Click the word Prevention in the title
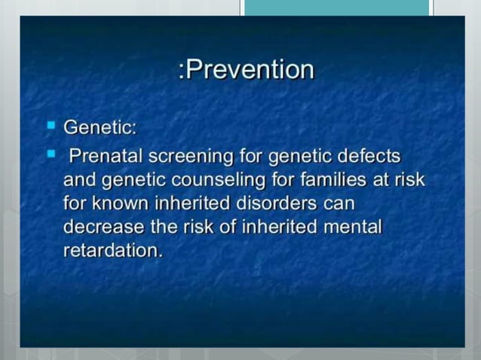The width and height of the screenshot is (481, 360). click(x=250, y=70)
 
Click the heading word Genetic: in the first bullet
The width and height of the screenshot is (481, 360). click(x=100, y=127)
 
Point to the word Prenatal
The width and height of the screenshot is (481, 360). click(x=106, y=157)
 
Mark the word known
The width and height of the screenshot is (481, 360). click(x=124, y=204)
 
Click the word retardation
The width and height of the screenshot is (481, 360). click(x=112, y=250)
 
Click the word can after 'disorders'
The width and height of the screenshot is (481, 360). click(x=339, y=204)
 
